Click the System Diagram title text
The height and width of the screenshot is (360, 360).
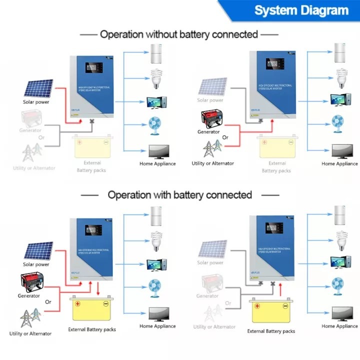301,10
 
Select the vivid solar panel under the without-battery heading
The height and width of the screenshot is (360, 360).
38,88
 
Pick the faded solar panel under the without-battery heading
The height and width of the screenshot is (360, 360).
212,87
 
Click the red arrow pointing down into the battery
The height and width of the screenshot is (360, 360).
98,288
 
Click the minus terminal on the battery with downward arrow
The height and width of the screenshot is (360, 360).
106,303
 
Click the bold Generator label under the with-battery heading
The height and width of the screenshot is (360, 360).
29,296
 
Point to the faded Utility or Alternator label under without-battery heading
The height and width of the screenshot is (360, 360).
34,168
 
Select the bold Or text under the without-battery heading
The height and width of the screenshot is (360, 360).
225,137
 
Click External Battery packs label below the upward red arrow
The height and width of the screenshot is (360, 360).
271,331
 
